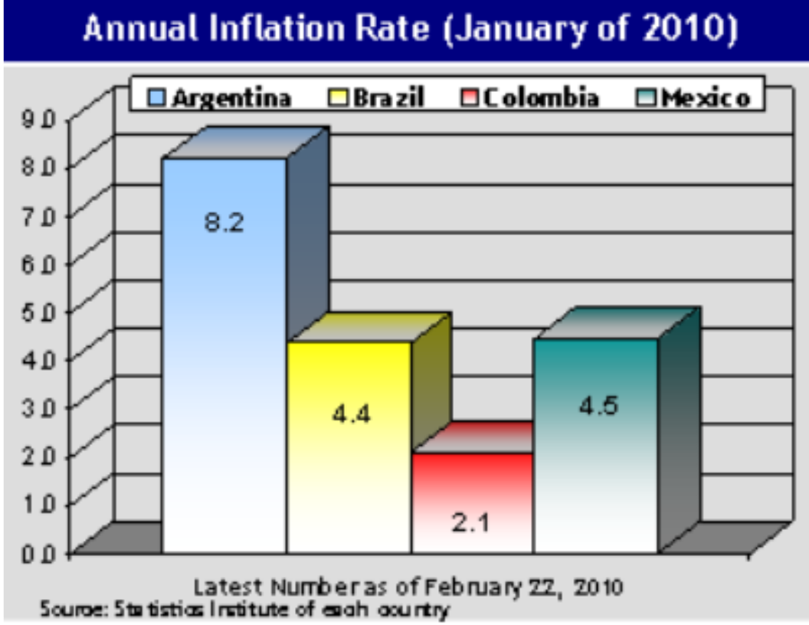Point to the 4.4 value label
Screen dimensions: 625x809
(x=350, y=416)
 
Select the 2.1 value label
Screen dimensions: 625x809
(x=472, y=525)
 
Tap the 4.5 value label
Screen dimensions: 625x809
(x=597, y=406)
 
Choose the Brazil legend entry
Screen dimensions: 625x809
(x=388, y=98)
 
